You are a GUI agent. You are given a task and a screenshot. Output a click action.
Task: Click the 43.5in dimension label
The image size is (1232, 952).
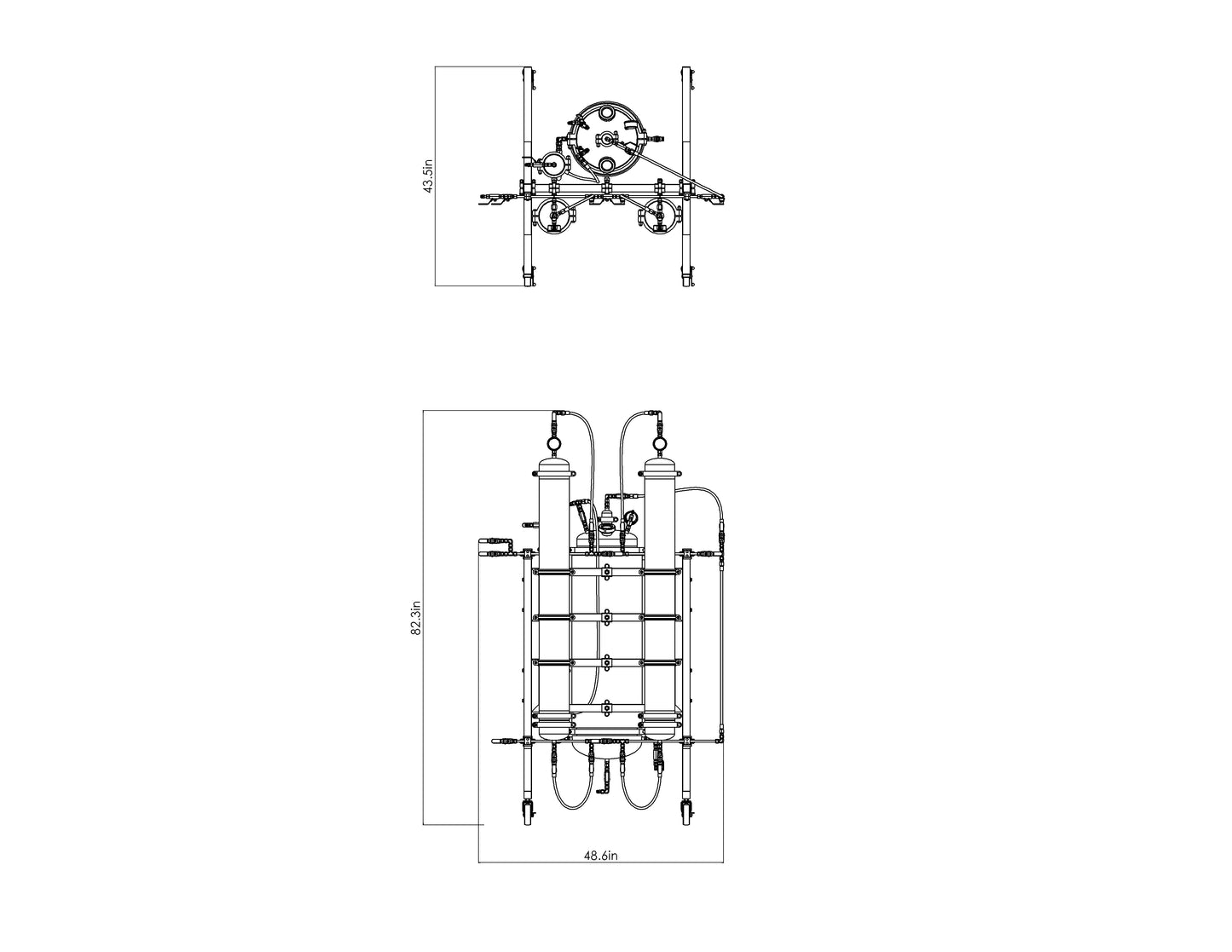[x=430, y=177]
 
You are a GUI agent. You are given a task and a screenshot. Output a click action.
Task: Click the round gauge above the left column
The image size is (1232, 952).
[x=552, y=443]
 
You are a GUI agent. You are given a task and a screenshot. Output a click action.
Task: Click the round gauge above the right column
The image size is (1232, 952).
[x=659, y=443]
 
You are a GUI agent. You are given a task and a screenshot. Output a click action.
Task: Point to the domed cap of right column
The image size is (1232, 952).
[x=659, y=467]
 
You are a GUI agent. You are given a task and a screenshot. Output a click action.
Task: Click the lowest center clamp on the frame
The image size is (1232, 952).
[x=605, y=707]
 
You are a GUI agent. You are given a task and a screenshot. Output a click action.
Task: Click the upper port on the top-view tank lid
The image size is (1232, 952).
[x=605, y=113]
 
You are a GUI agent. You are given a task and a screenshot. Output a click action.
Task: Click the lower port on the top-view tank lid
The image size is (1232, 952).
[x=605, y=164]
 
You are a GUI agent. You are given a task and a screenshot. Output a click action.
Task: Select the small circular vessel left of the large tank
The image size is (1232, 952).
[x=552, y=165]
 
